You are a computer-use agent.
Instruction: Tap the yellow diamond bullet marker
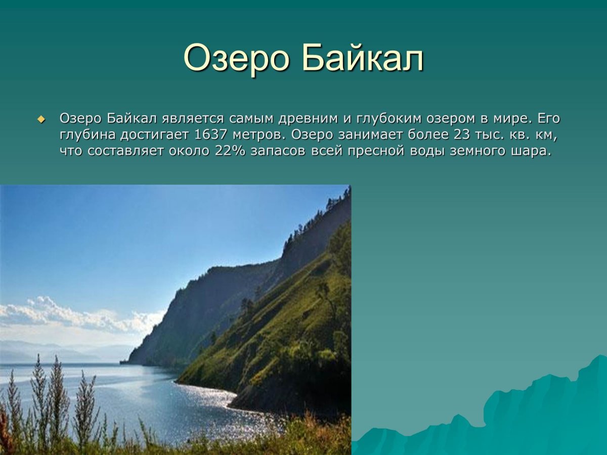[41, 120]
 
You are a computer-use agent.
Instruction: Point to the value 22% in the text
[230, 152]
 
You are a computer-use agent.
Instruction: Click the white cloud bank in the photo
[76, 316]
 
